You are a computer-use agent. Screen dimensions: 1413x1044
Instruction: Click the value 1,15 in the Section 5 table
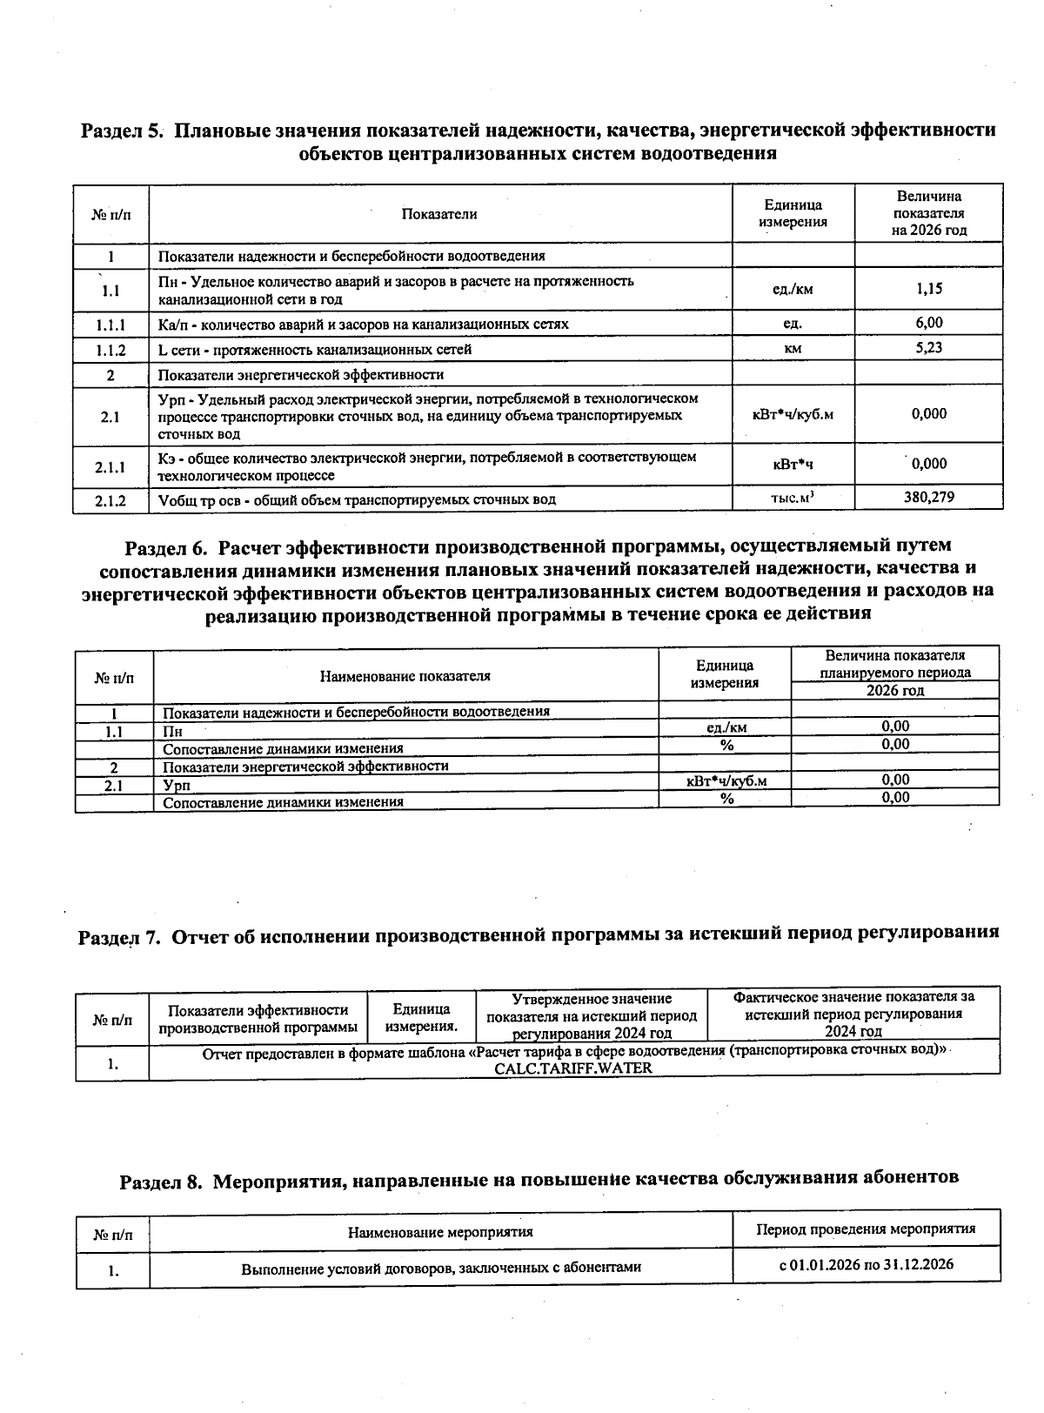[x=928, y=289]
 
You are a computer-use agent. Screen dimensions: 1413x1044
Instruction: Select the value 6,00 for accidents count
[x=928, y=323]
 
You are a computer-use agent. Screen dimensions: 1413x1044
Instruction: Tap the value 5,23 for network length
[x=928, y=348]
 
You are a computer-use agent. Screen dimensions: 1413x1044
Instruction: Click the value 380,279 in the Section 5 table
[x=928, y=498]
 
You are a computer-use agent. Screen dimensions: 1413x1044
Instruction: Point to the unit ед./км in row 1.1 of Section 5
[x=793, y=290]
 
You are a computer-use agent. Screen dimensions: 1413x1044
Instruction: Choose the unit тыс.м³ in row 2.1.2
[x=793, y=499]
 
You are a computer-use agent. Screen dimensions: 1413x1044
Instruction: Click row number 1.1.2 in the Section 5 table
[x=110, y=350]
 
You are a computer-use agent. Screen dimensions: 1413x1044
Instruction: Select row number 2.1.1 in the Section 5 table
[x=110, y=467]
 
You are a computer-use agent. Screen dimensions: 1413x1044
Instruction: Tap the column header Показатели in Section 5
[x=439, y=214]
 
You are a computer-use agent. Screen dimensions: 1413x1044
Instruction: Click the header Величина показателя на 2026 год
[x=928, y=213]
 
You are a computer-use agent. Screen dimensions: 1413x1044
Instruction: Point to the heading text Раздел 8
[x=162, y=1181]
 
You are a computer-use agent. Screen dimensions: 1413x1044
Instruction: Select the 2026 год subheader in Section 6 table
[x=895, y=691]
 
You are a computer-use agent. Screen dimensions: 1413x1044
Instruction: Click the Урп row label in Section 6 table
[x=177, y=784]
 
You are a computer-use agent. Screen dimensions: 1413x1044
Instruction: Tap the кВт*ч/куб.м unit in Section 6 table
[x=726, y=781]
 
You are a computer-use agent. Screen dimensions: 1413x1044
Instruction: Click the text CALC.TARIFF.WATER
[x=573, y=1068]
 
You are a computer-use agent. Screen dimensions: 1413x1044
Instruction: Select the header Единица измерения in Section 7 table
[x=422, y=1017]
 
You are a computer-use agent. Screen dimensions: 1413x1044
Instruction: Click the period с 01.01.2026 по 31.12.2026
[x=866, y=1264]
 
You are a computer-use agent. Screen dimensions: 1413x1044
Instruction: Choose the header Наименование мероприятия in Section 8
[x=440, y=1232]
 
